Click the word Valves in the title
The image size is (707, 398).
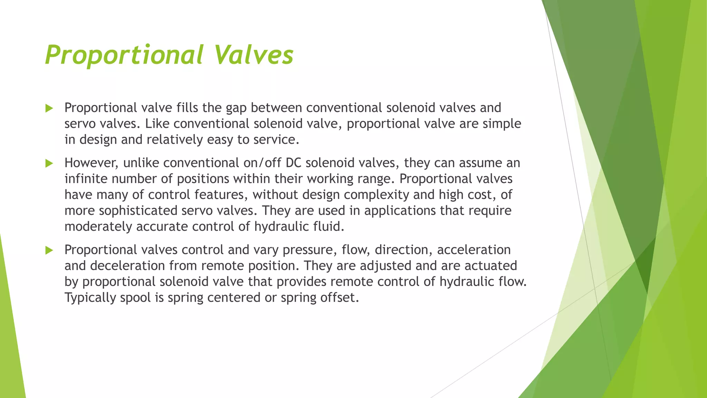(x=253, y=55)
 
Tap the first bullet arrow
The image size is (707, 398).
(x=49, y=108)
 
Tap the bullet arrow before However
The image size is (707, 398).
(x=49, y=163)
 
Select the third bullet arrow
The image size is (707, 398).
(x=49, y=250)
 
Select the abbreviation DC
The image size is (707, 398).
(x=293, y=163)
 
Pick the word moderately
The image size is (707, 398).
(x=98, y=227)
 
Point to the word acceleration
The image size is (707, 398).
(x=474, y=250)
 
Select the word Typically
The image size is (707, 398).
(x=90, y=298)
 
